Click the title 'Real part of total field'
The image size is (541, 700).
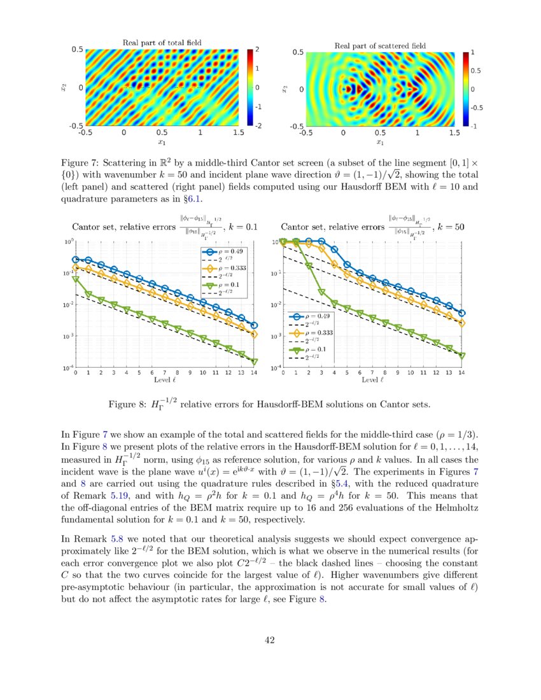coord(162,43)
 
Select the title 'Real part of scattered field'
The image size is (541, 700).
coord(380,46)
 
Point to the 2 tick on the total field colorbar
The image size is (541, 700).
coord(257,49)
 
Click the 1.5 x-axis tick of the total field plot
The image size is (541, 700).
coord(239,132)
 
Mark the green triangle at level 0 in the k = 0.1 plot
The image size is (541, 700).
coord(76,279)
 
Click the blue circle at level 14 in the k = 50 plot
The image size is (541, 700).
coord(462,313)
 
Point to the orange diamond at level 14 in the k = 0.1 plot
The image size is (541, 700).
coord(254,333)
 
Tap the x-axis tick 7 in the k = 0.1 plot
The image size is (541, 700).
coord(165,373)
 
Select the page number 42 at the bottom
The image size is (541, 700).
coord(270,640)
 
